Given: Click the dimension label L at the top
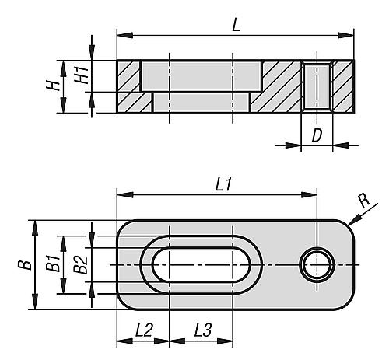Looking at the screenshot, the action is tap(236, 25).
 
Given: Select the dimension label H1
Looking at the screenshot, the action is tap(82, 75).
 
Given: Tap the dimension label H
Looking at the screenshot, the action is tap(53, 86).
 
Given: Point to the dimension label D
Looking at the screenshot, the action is tap(317, 135).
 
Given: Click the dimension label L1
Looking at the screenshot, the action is tap(223, 184).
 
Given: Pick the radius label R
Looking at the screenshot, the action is tap(364, 201).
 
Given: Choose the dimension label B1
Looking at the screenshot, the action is tap(53, 264).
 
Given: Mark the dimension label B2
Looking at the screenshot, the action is tap(80, 265).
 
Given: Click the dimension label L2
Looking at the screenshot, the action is tap(144, 330).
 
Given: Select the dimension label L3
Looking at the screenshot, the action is tap(203, 330).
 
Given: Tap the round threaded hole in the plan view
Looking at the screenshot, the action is tap(317, 265).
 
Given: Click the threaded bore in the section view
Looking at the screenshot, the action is tap(317, 86).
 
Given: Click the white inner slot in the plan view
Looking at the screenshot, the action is tap(202, 265).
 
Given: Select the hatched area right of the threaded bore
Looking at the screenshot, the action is tap(343, 86).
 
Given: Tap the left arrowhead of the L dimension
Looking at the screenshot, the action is tap(125, 35).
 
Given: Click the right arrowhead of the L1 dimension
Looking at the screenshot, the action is tap(309, 194).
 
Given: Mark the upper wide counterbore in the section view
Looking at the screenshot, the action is tap(201, 76).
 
